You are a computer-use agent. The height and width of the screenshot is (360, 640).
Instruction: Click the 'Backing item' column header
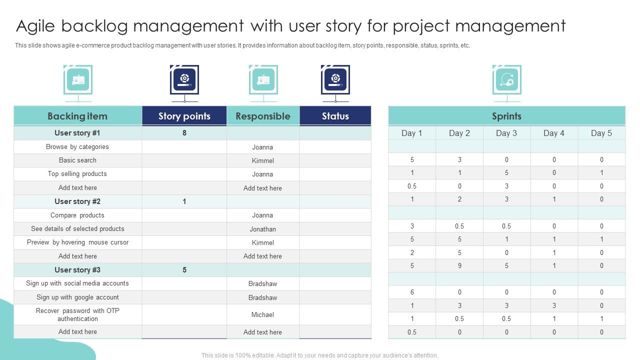(77, 116)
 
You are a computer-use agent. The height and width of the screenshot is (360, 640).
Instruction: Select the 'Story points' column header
(184, 116)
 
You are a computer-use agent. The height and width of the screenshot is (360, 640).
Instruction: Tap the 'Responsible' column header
(263, 116)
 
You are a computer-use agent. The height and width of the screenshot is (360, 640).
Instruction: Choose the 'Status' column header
(335, 116)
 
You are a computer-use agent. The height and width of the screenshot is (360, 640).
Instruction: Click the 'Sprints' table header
(506, 116)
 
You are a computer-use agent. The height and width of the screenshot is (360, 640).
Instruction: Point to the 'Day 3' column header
(506, 133)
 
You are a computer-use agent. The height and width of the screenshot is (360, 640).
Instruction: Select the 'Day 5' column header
(601, 133)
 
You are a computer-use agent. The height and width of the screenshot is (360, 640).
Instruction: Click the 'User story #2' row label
(77, 201)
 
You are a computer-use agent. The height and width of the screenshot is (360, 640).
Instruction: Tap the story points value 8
(184, 133)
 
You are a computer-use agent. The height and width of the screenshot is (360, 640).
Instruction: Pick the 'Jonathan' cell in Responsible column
(263, 229)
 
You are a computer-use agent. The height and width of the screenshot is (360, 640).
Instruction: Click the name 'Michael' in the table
(263, 315)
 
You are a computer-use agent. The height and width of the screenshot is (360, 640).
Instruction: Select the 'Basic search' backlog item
(77, 160)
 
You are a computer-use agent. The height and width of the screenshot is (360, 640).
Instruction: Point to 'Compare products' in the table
(77, 215)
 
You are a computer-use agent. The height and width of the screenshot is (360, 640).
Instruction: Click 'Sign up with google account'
(77, 297)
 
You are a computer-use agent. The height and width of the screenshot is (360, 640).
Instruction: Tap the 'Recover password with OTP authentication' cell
(77, 315)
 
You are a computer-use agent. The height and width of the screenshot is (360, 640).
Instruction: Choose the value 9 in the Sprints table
(459, 266)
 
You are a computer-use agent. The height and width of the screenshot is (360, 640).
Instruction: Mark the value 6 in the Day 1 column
(412, 292)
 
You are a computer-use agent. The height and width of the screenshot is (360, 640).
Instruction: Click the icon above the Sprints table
(506, 79)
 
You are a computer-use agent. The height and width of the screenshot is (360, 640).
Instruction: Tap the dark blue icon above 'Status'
(335, 79)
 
